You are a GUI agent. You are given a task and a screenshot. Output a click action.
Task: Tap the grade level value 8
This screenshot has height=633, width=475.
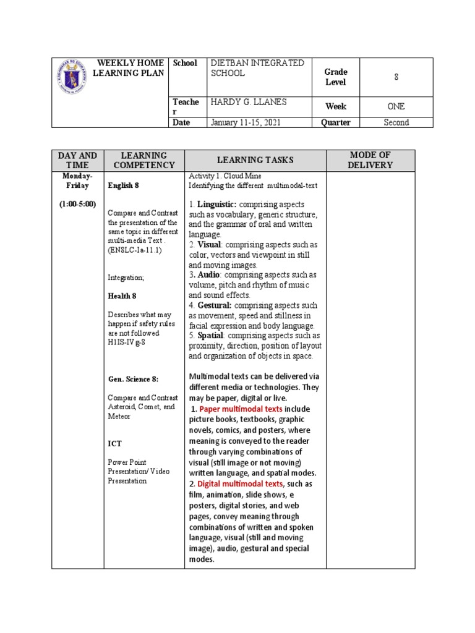[396, 77]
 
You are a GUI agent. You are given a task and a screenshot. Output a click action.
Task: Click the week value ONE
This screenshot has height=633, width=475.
[396, 106]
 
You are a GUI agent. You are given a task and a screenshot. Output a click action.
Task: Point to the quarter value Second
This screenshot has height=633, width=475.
[396, 122]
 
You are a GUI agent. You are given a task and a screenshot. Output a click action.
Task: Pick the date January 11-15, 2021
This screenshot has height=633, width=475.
[246, 122]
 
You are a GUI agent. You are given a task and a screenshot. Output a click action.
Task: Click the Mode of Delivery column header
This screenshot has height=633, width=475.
[370, 160]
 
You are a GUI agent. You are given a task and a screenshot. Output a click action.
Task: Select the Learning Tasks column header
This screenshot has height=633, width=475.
[255, 160]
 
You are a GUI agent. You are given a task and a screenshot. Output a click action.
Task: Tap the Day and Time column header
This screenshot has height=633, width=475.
[77, 160]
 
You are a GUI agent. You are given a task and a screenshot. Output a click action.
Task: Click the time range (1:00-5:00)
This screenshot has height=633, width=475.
[77, 204]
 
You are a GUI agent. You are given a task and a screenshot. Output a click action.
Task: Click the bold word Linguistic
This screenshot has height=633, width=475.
[217, 204]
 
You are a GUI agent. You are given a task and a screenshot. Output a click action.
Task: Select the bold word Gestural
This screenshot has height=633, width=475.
[215, 305]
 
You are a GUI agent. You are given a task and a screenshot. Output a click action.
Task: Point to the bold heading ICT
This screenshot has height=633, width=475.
[115, 443]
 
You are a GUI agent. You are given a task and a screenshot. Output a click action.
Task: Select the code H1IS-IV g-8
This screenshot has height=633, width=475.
[127, 342]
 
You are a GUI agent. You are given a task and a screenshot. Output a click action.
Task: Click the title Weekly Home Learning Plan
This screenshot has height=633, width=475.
[129, 68]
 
